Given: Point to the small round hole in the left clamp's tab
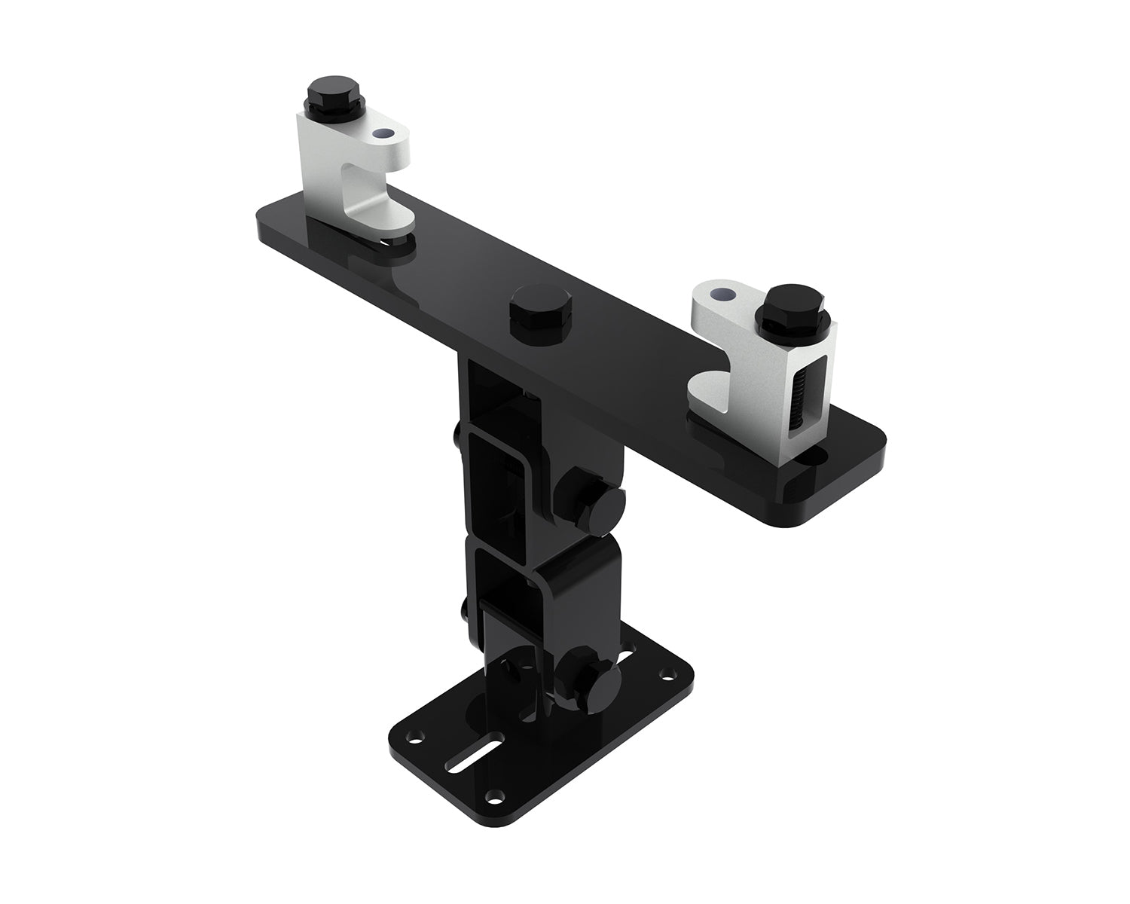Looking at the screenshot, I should tap(386, 134).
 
